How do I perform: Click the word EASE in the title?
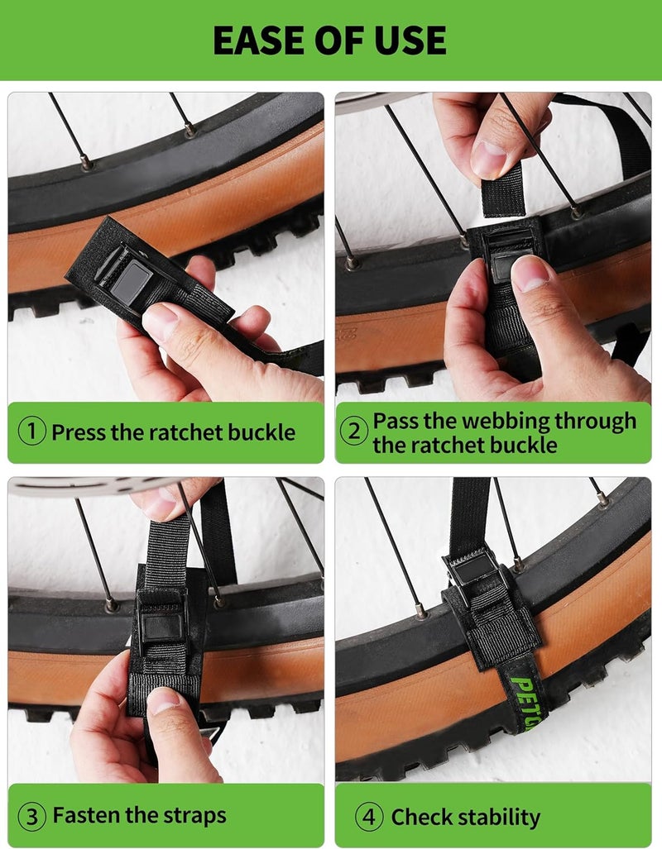point(258,40)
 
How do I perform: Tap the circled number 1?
point(32,432)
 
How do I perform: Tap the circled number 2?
point(353,432)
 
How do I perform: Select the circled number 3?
point(32,816)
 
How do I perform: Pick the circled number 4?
point(369,816)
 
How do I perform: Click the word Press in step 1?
point(79,432)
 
